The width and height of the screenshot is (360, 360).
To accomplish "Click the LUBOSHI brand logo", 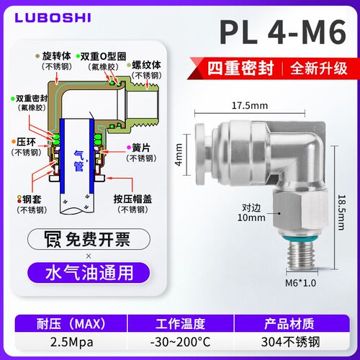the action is [x=53, y=18].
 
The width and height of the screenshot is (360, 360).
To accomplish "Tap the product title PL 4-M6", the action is [x=283, y=32].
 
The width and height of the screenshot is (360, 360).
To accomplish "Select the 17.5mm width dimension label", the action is [x=250, y=106].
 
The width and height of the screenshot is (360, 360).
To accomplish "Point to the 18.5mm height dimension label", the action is [x=341, y=212].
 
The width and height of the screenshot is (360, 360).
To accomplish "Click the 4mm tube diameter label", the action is [x=179, y=155].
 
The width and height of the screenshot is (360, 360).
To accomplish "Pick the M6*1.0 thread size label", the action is [x=300, y=283].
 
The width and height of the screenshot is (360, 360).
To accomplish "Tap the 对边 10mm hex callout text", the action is [x=251, y=212].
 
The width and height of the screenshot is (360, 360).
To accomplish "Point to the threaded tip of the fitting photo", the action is [x=302, y=256].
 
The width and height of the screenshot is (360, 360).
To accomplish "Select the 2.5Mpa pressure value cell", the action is [x=71, y=342].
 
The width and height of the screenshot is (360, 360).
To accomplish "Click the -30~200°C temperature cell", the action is [x=181, y=342].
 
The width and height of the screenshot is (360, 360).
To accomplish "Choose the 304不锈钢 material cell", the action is [x=290, y=342].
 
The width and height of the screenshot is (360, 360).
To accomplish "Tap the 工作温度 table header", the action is [x=181, y=324].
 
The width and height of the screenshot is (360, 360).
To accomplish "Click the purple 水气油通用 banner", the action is [x=89, y=273].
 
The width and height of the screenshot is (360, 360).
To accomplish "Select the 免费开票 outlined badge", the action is [x=89, y=239].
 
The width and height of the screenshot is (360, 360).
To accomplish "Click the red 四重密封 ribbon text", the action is [x=240, y=68].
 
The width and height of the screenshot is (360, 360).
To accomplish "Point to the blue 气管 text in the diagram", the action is [x=78, y=161].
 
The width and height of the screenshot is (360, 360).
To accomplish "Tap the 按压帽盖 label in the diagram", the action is [x=132, y=199].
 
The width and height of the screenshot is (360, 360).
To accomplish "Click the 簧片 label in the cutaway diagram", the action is [x=141, y=148].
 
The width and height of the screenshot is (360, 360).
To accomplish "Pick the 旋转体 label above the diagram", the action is [x=57, y=56].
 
